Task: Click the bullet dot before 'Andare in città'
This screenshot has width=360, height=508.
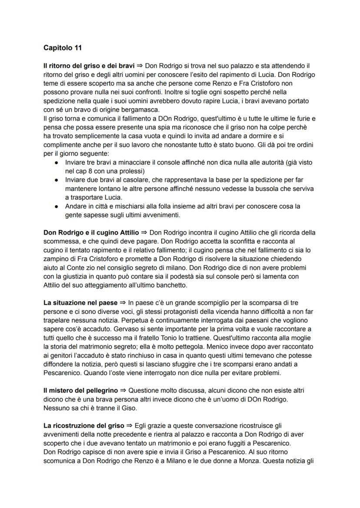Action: tap(57, 207)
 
